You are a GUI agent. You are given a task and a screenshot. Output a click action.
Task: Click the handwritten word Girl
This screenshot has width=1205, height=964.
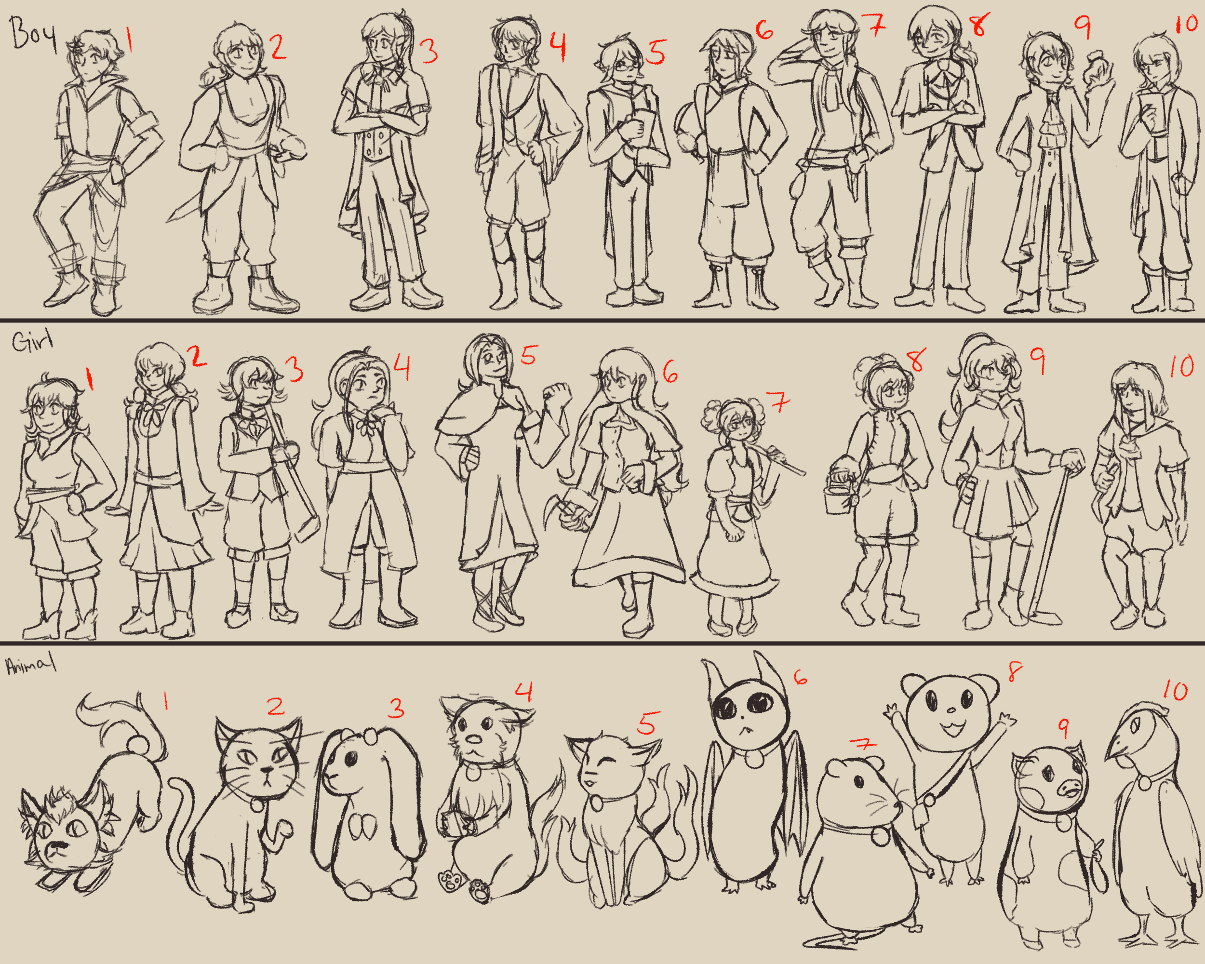tap(32, 341)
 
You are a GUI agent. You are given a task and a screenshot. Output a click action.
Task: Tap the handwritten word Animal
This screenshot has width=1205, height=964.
tap(31, 665)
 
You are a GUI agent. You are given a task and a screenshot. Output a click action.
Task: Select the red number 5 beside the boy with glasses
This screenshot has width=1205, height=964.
tap(656, 52)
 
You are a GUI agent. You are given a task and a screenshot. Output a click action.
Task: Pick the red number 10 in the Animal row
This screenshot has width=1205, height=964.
tap(1176, 691)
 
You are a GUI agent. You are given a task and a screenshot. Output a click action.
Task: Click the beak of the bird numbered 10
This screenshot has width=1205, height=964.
tap(1118, 749)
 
